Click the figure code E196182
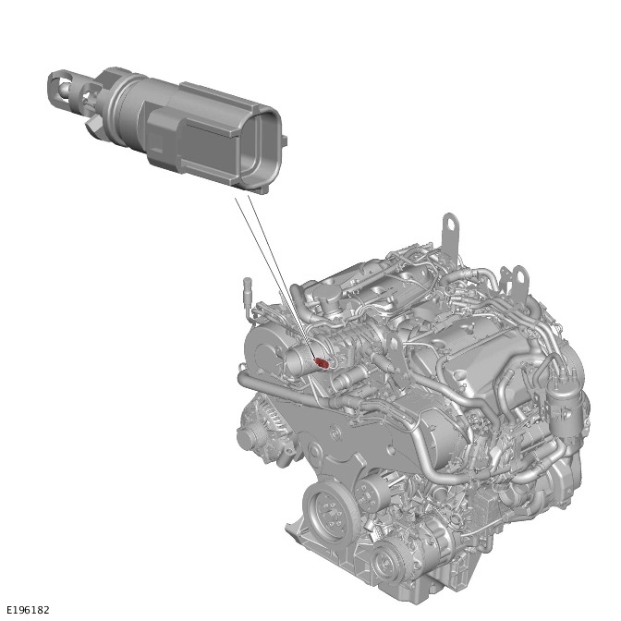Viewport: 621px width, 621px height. coord(28,610)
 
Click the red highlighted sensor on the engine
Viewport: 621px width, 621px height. coord(322,363)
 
